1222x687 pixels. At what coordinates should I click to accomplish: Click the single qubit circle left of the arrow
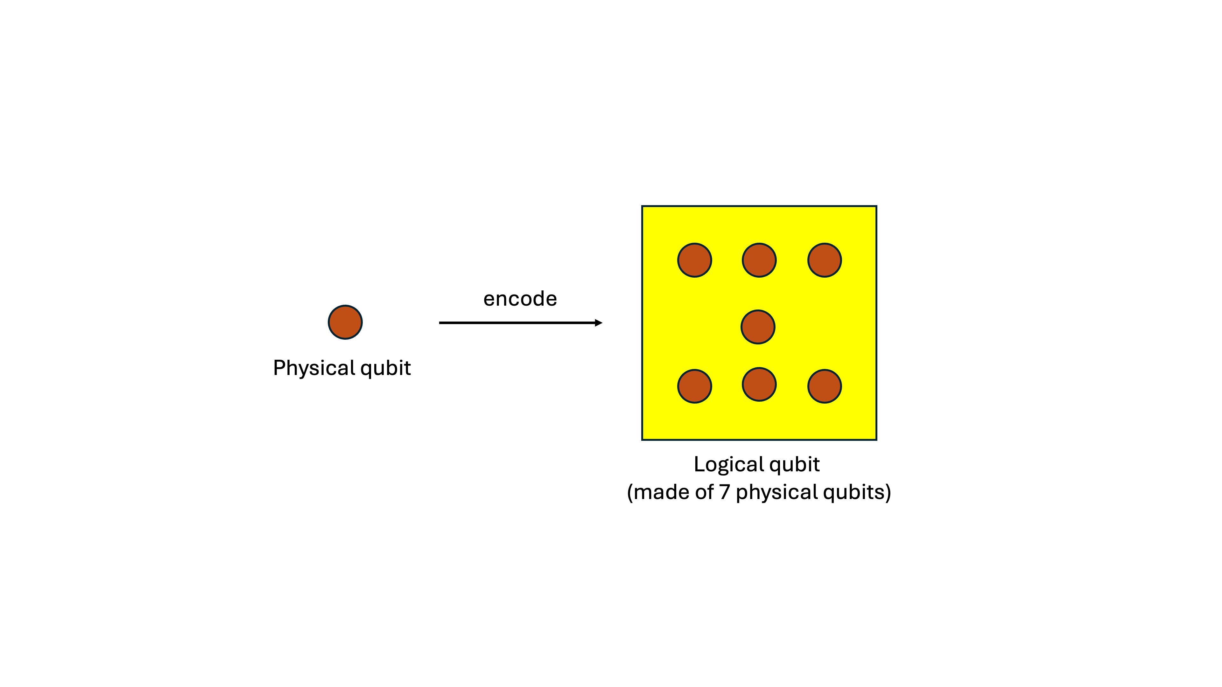pos(345,323)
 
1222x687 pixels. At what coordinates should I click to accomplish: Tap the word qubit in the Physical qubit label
pos(385,368)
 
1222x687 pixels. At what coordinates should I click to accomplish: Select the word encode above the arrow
pos(520,299)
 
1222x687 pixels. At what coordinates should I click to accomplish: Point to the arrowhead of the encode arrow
pos(599,323)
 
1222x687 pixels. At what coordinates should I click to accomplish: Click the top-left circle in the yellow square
pos(694,260)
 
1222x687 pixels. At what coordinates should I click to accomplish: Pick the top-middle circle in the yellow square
pos(759,260)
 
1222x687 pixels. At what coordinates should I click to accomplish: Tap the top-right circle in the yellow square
pos(825,260)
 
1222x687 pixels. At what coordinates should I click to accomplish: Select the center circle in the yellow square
pos(758,327)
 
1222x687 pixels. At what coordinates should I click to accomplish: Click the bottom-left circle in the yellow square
pos(694,386)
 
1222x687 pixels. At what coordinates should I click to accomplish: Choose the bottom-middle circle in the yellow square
pos(759,385)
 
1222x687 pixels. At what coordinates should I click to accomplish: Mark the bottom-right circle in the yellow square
pos(825,386)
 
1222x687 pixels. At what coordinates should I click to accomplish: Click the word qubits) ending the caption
pos(857,493)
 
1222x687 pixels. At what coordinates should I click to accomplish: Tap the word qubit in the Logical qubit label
pos(795,465)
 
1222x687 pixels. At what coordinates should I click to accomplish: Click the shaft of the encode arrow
pos(517,323)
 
